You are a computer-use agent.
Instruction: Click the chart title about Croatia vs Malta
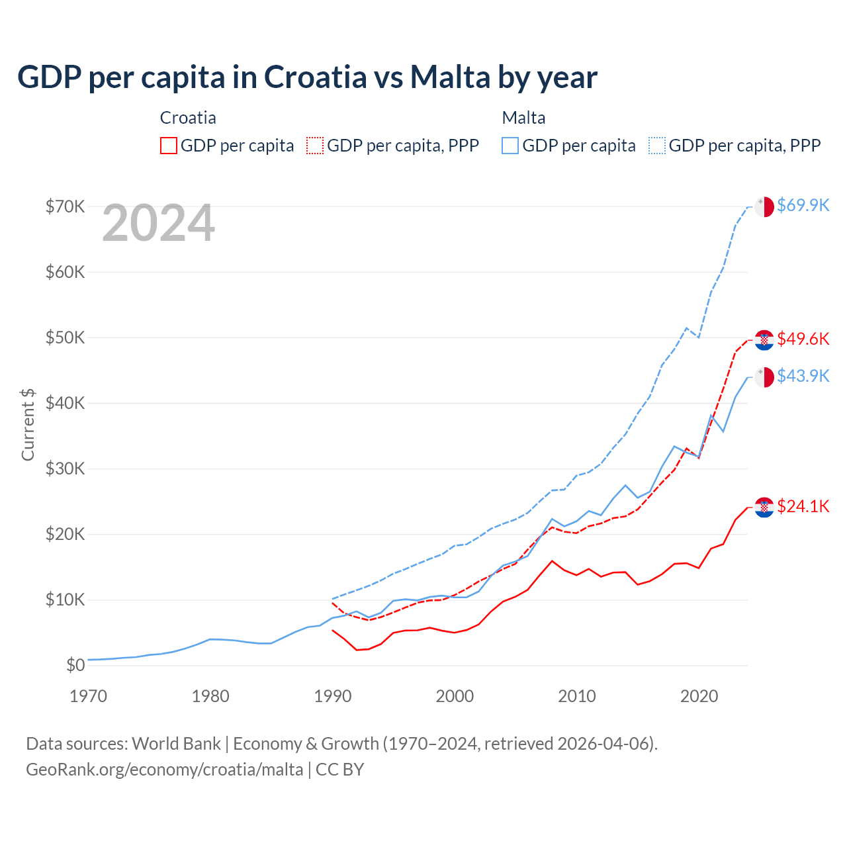click(307, 77)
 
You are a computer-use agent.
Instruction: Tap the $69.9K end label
click(803, 205)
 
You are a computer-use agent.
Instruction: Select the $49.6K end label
click(803, 339)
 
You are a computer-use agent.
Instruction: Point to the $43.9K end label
click(803, 376)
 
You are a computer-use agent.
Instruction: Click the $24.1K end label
click(803, 506)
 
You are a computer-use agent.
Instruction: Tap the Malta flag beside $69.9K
click(764, 206)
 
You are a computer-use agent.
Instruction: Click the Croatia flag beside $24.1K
click(764, 508)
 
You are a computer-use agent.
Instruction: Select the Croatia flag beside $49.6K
click(764, 340)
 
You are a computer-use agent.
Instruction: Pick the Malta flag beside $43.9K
click(764, 377)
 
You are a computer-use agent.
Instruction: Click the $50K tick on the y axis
click(65, 337)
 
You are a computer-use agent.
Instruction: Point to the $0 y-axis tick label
click(75, 665)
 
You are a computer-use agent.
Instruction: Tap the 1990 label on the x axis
click(333, 696)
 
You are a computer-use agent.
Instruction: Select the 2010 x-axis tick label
click(577, 696)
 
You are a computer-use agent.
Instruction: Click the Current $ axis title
click(28, 424)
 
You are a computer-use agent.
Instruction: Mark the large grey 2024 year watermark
click(158, 223)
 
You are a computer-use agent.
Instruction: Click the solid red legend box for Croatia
click(169, 146)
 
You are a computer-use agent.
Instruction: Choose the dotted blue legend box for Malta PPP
click(657, 146)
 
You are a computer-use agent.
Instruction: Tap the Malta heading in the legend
click(523, 118)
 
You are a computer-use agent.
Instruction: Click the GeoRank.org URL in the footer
click(164, 770)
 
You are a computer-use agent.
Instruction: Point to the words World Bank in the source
click(176, 744)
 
